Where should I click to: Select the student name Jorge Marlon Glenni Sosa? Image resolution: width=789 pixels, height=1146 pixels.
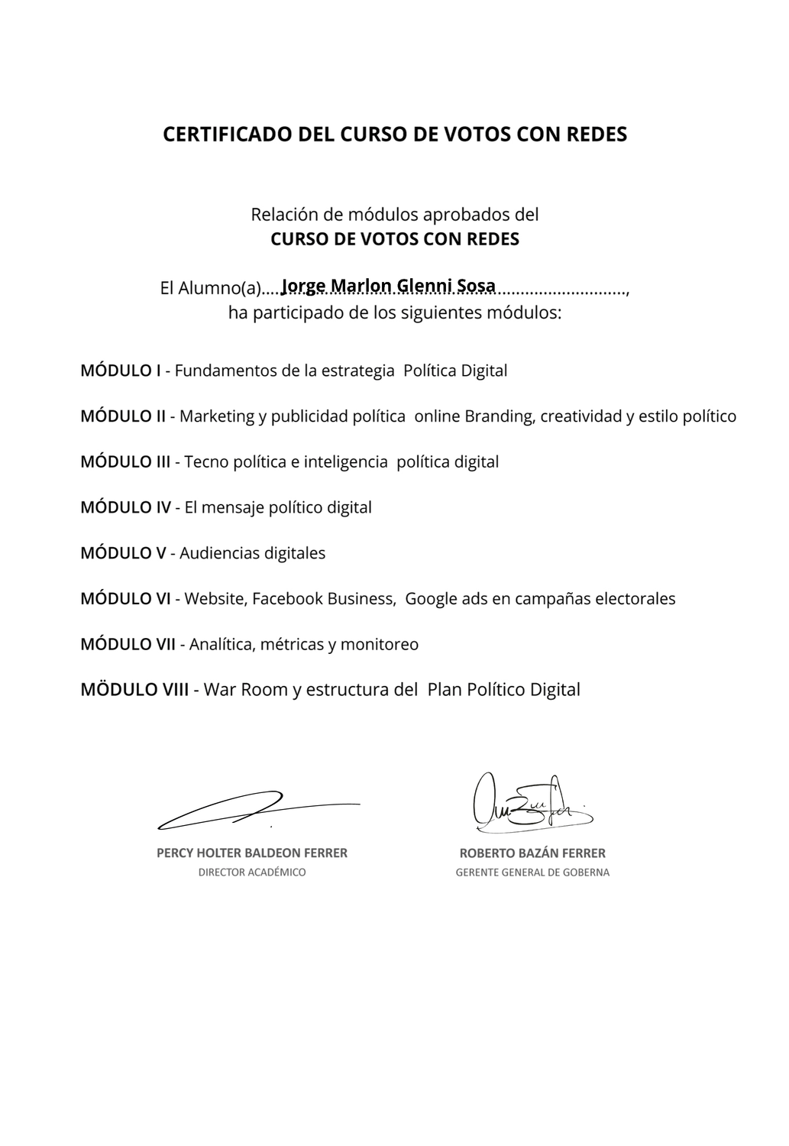click(x=388, y=286)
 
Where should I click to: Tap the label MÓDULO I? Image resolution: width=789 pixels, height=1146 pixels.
click(x=121, y=371)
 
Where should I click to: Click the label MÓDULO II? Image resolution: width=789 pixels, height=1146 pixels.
click(x=123, y=416)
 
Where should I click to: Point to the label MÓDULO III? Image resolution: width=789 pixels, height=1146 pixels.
click(x=125, y=461)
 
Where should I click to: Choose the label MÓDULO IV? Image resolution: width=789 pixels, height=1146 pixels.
click(x=125, y=507)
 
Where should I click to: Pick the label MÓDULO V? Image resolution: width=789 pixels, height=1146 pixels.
click(x=123, y=553)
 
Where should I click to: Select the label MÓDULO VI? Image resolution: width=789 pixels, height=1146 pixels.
click(x=125, y=598)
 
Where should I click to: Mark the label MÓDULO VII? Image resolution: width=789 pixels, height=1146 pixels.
click(x=128, y=644)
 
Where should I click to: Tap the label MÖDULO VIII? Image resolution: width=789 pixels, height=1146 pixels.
click(x=134, y=690)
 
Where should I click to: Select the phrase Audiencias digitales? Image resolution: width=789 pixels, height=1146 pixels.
click(x=252, y=553)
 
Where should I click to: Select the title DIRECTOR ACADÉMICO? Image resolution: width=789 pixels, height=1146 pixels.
click(x=252, y=872)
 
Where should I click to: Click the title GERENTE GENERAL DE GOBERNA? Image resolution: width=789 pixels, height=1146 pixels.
click(x=532, y=872)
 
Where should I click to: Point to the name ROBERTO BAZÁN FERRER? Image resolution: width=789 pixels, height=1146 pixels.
click(x=532, y=853)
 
